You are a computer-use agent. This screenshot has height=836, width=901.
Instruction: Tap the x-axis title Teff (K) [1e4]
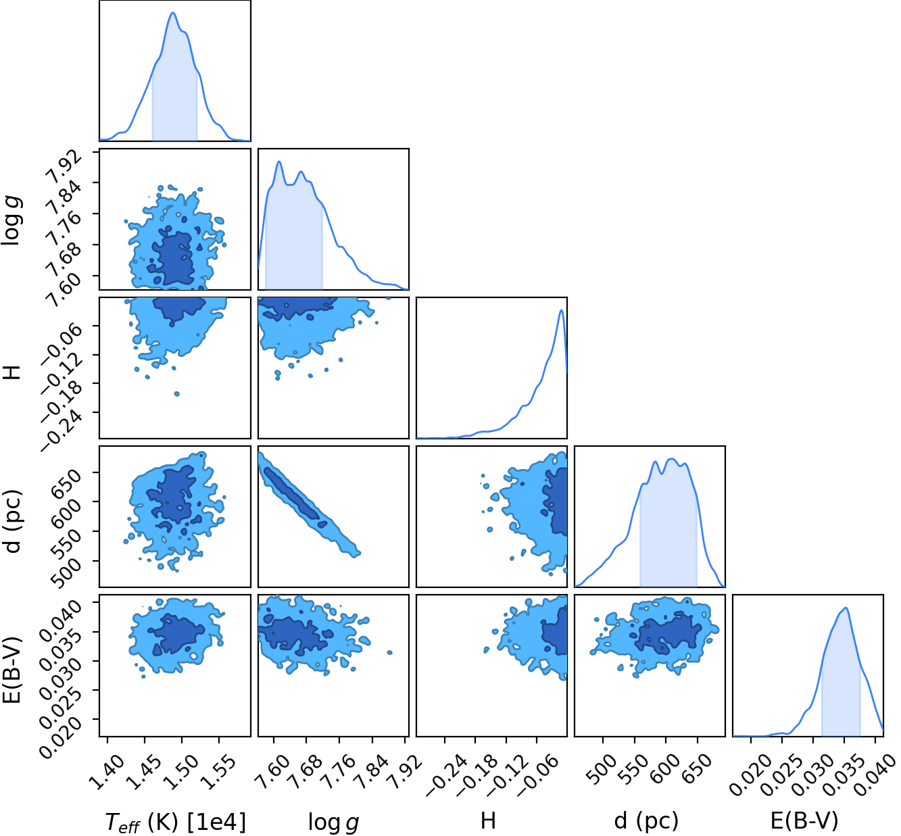coord(175,822)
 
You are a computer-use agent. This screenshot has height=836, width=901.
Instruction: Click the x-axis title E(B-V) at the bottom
coord(804,820)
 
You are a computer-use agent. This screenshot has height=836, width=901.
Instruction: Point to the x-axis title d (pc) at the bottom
coord(646,820)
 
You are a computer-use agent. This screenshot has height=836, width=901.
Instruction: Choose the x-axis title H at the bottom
coord(488,820)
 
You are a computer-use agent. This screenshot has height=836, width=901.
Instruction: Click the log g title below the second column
coord(333,822)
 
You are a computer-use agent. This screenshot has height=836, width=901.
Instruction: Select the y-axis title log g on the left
coord(11,220)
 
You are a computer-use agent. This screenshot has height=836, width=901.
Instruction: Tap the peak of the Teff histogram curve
coord(173,12)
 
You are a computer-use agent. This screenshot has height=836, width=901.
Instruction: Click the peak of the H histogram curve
coord(562,310)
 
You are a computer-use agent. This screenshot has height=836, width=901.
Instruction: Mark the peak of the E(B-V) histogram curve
coord(846,608)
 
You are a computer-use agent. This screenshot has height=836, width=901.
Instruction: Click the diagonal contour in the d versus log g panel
coord(308,504)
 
